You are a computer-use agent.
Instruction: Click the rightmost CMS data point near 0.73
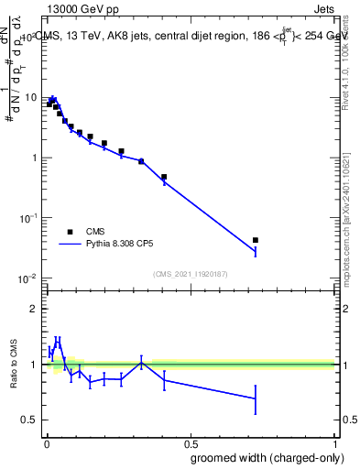tap(256, 240)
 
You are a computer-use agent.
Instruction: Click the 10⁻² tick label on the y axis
tap(27, 278)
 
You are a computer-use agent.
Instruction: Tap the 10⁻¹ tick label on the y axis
tap(27, 218)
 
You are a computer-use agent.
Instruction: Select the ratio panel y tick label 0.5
tap(31, 420)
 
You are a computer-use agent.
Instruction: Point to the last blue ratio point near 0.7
tap(256, 398)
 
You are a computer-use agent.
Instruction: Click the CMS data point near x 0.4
tap(164, 177)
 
